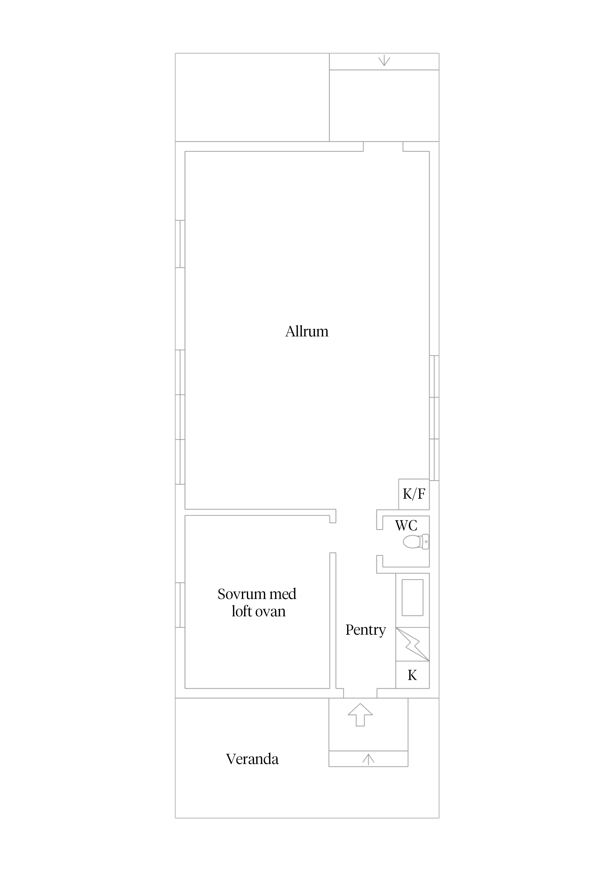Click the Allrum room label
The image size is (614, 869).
pos(307,331)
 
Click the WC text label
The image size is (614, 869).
pos(406,525)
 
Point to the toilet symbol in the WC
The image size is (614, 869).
pos(416,542)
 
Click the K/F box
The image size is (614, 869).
pos(414,494)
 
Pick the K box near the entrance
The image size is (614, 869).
pos(412,675)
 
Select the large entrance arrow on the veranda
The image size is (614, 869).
pos(360,715)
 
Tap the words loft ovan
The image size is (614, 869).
pos(259,612)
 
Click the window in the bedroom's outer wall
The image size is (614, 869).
pos(180,605)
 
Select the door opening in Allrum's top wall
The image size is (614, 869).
pos(383,146)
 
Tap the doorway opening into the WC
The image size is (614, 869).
pos(380,542)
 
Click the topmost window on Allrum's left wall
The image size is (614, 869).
pos(180,244)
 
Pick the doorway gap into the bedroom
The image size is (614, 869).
pos(333,538)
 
